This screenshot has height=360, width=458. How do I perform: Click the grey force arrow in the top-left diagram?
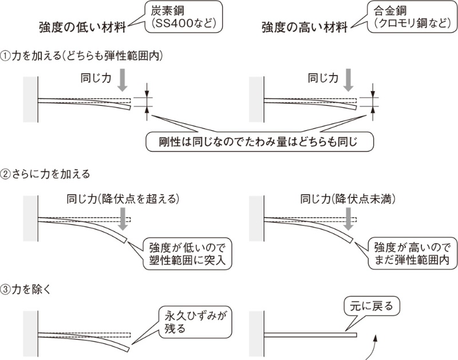coord(122,80)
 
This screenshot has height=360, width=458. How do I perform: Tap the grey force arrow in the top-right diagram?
coord(348,80)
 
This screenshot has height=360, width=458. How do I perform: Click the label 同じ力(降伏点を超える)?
coord(123,199)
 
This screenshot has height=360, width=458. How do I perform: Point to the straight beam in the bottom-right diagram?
coord(309,334)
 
